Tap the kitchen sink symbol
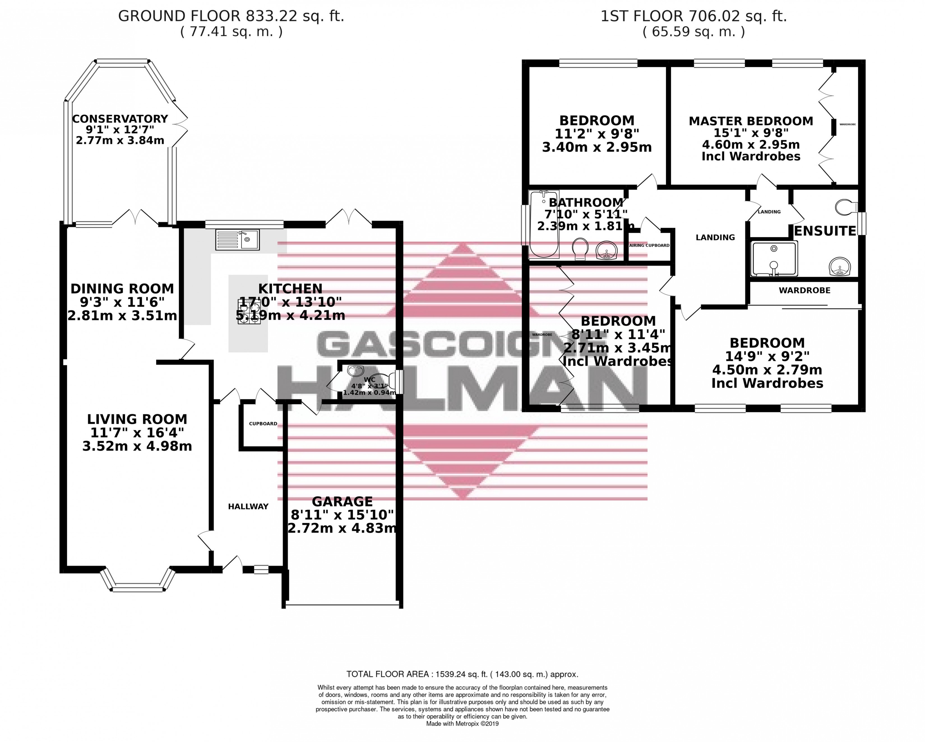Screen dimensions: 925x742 [x=237, y=239]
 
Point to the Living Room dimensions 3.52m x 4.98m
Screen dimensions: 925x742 [x=137, y=446]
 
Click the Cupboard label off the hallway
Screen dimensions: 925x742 [x=263, y=423]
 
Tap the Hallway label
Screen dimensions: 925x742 [x=248, y=506]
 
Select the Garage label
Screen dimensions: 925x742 [x=342, y=501]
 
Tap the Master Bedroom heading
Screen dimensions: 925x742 [x=751, y=121]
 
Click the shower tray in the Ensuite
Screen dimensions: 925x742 [x=774, y=258]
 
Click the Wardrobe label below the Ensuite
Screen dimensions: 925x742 [x=804, y=291]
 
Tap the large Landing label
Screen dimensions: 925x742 [x=715, y=237]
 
